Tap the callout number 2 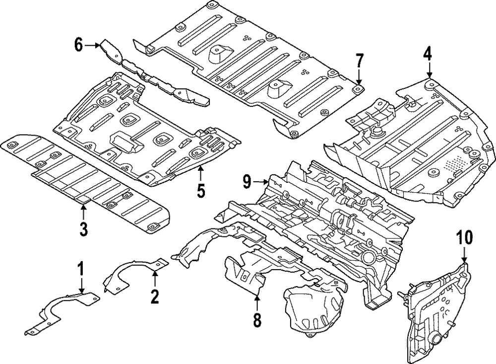[x=155, y=296]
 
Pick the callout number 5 [x=200, y=191]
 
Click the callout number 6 [x=78, y=45]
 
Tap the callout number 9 [x=248, y=182]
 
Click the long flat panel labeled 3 [x=84, y=184]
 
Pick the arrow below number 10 [x=464, y=256]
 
